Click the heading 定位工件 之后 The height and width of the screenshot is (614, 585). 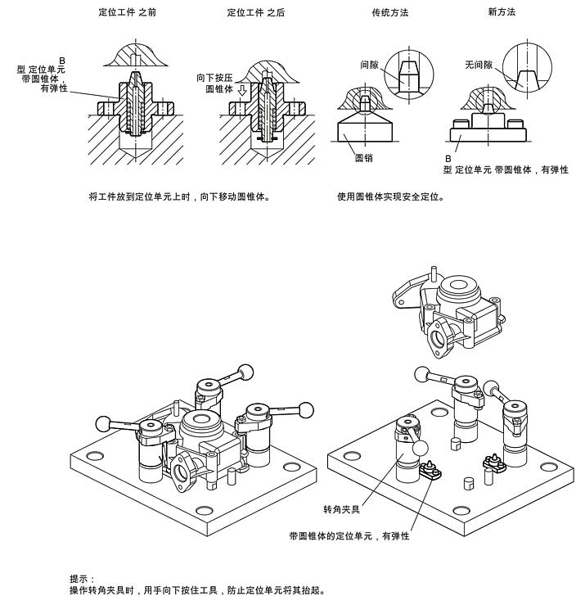click(256, 13)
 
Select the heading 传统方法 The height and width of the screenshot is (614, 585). click(389, 13)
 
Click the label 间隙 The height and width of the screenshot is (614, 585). click(369, 63)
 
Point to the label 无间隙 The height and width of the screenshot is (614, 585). click(476, 63)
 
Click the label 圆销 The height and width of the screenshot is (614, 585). click(364, 158)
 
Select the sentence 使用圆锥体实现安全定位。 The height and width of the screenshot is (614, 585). click(391, 196)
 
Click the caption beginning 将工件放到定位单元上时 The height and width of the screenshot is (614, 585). click(179, 196)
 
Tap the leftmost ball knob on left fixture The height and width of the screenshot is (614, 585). click(104, 423)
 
